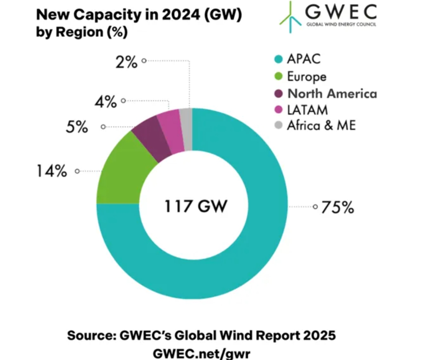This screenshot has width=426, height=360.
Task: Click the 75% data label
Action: coord(337,208)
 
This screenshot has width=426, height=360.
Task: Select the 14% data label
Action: coord(52,172)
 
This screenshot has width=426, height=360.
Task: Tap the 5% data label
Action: coord(77,127)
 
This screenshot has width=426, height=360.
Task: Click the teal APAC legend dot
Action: coord(279,59)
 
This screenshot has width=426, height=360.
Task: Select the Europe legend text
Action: coord(307,76)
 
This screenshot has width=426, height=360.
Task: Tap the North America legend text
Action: coord(332,93)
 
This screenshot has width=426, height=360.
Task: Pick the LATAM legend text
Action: coord(307,110)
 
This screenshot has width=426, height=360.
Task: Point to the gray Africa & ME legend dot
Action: coord(279,126)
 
